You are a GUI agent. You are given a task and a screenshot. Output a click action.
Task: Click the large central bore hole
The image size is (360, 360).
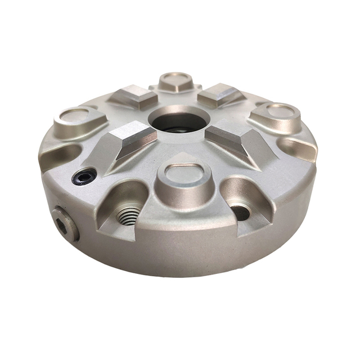[179, 120]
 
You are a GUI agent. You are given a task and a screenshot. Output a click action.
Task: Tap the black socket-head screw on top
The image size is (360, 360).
[84, 178]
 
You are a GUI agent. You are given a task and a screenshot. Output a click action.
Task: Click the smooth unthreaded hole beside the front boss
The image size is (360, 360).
[241, 212]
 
